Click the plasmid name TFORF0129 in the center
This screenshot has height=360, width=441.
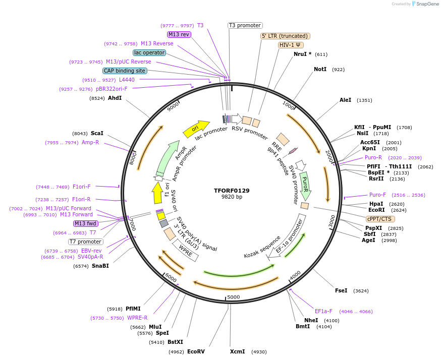pyautogui.click(x=232, y=191)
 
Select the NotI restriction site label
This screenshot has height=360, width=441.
pyautogui.click(x=320, y=69)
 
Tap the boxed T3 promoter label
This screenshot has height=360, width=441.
pyautogui.click(x=245, y=25)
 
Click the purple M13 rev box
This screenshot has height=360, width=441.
pyautogui.click(x=179, y=34)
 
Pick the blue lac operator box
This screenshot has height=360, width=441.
pyautogui.click(x=149, y=52)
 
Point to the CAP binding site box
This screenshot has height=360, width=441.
pyautogui.click(x=125, y=71)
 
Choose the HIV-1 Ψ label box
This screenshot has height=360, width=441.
pyautogui.click(x=291, y=45)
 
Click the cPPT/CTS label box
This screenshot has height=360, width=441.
pyautogui.click(x=380, y=219)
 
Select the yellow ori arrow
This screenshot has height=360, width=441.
pyautogui.click(x=196, y=129)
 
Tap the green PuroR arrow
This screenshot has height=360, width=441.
pyautogui.click(x=305, y=186)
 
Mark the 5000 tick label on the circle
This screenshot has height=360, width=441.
pyautogui.click(x=233, y=297)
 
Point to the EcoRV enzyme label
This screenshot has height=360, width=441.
pyautogui.click(x=196, y=351)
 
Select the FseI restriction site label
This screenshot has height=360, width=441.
pyautogui.click(x=341, y=290)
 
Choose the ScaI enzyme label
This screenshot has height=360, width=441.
pyautogui.click(x=97, y=133)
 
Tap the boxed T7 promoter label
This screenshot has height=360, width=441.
pyautogui.click(x=86, y=242)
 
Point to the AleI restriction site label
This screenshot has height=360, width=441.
pyautogui.click(x=345, y=100)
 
